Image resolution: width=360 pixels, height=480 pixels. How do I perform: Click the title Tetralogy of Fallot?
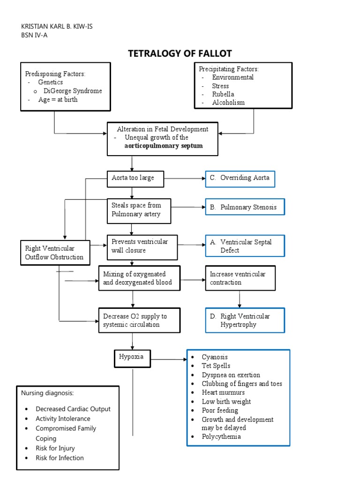[180, 53]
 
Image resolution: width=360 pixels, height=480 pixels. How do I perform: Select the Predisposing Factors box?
[66, 87]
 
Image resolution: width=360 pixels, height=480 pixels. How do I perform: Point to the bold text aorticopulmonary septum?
[164, 146]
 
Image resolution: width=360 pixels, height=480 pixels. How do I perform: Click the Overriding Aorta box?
[240, 178]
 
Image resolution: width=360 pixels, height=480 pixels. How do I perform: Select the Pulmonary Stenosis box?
[245, 207]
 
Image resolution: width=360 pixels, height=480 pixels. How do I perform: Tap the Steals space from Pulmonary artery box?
[139, 210]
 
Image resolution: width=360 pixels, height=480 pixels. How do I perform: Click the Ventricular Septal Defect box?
[245, 246]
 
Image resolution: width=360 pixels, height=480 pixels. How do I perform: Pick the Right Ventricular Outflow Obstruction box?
[54, 252]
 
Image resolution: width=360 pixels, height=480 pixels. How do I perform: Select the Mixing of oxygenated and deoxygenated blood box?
[139, 278]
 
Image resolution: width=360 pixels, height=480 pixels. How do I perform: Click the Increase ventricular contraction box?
[240, 278]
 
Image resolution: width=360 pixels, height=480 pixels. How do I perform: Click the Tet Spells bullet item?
[216, 366]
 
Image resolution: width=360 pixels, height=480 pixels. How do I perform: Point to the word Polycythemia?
[221, 436]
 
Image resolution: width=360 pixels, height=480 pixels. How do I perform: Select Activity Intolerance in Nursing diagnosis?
[63, 419]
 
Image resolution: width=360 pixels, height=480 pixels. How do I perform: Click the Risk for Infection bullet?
[60, 457]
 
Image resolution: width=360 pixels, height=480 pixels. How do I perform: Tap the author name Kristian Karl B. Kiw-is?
[57, 26]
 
